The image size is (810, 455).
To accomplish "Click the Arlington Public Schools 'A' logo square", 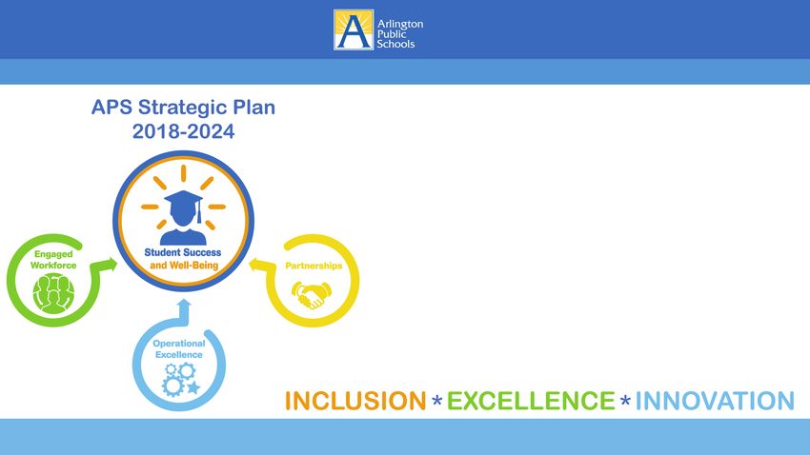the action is pos(354,30).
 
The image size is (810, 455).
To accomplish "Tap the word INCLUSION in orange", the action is pos(355,401).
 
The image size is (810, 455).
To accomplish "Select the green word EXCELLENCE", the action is pos(531,401).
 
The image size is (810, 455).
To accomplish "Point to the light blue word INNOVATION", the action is pos(715,401).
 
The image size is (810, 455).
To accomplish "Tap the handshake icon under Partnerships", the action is pos(311,294).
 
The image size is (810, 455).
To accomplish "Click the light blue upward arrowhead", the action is pos(183,305).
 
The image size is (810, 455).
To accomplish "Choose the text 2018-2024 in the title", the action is pos(183,131).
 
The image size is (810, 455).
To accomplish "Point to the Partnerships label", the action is pos(314,266).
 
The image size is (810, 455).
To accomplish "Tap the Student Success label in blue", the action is pos(182,252).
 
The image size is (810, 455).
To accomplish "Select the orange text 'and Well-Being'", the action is pos(184,266).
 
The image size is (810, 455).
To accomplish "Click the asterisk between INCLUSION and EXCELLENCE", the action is pos(437,401).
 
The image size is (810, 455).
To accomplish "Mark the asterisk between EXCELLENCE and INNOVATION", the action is pos(625,401).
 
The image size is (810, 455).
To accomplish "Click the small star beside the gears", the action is pos(193,387).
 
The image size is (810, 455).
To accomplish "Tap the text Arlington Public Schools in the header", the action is pos(400,34).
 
